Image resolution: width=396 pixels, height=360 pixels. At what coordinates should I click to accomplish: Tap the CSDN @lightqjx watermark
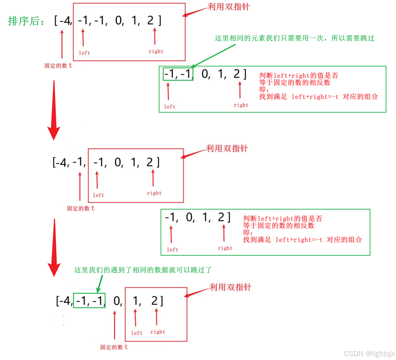pos(369,353)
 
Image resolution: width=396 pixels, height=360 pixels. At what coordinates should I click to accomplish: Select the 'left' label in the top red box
pos(84,53)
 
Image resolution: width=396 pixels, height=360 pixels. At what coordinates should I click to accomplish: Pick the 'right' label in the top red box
pos(156,52)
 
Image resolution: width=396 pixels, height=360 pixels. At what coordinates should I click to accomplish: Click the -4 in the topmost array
pos(65,21)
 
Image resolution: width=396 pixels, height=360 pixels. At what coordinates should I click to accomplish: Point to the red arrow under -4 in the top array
pos(62,44)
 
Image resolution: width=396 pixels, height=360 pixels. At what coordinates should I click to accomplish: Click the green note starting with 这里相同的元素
pos(294,38)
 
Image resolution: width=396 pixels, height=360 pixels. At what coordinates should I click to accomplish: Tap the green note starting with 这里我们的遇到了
pos(143,270)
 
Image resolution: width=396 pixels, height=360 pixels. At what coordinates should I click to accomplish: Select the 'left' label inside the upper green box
pos(170,107)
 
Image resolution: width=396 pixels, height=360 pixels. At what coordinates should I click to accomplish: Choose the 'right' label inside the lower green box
pos(225,248)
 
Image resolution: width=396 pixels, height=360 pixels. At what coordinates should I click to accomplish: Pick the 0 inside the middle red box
pos(119,162)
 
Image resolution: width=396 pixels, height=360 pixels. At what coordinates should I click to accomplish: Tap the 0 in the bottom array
pos(117,301)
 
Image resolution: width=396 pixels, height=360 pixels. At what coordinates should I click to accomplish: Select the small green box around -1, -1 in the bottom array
pos(89,300)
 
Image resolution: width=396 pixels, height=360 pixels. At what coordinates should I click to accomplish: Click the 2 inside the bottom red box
pos(155,301)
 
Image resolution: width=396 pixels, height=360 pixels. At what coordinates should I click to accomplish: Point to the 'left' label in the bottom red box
pos(137,333)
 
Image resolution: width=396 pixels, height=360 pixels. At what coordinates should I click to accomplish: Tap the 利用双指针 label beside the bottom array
pos(230,287)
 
